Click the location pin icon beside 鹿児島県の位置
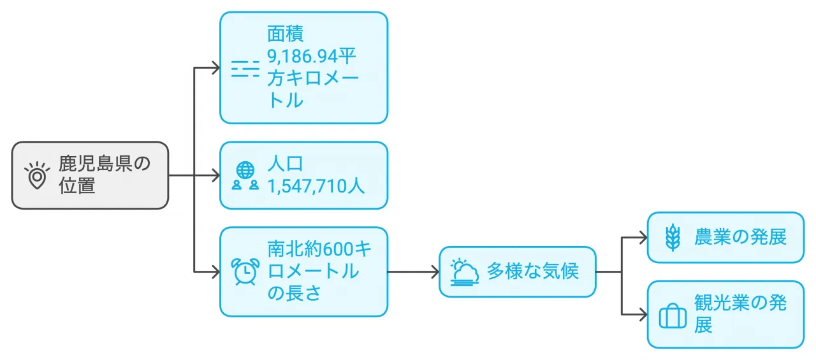click(37, 175)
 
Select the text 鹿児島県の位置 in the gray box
click(105, 175)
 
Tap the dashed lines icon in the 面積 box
click(245, 68)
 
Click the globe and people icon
click(245, 175)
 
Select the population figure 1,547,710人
click(316, 186)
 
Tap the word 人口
click(285, 164)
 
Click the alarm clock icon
click(245, 271)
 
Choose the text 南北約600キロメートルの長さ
click(319, 271)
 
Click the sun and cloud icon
click(463, 271)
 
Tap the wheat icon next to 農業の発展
click(672, 237)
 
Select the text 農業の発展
click(741, 237)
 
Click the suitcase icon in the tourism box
click(672, 315)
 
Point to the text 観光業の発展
click(741, 313)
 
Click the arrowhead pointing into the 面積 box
click(215, 68)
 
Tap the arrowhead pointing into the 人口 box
click(215, 175)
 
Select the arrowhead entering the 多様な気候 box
click(435, 271)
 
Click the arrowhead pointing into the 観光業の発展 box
click(643, 314)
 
